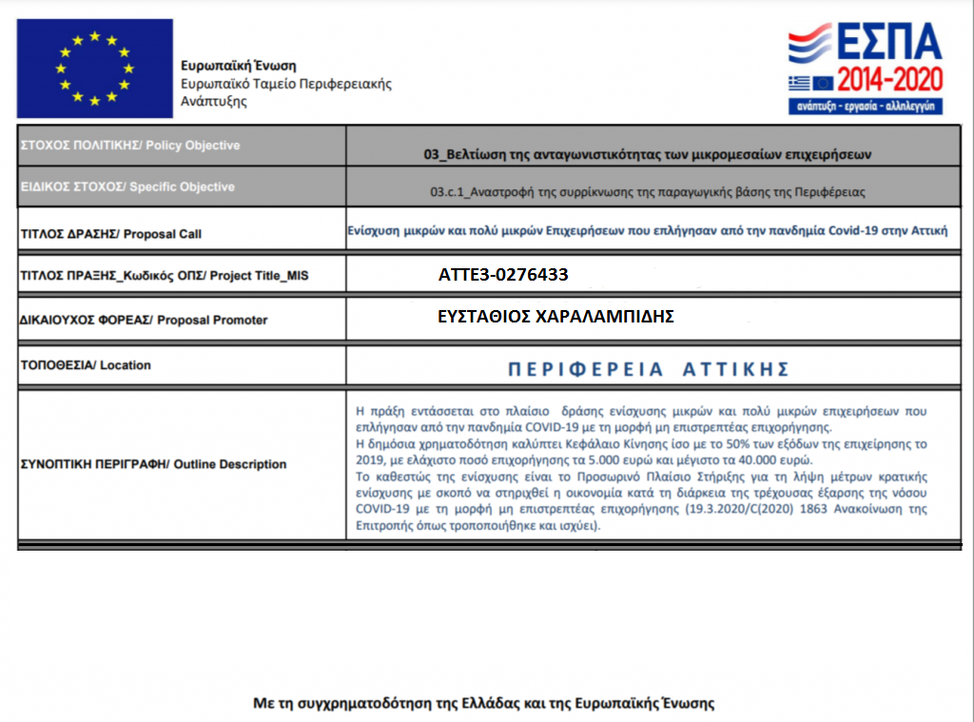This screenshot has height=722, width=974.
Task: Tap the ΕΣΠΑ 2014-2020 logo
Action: (864, 68)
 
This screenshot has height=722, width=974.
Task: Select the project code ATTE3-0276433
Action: (503, 276)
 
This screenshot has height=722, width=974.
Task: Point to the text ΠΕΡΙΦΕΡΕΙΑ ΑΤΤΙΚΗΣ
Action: (649, 368)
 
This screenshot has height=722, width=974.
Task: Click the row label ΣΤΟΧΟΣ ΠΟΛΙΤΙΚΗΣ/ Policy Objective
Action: (130, 146)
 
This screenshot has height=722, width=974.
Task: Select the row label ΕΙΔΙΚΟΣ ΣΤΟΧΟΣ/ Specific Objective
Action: (127, 186)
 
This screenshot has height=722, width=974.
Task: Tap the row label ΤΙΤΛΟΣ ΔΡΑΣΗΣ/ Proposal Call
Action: (110, 234)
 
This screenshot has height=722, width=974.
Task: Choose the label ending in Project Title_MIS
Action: (164, 276)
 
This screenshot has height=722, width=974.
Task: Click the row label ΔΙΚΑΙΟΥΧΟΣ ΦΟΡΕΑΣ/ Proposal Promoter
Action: (144, 321)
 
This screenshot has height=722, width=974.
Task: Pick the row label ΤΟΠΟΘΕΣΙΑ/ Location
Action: (85, 365)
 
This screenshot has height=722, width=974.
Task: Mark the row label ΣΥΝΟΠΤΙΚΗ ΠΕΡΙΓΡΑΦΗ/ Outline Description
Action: (153, 464)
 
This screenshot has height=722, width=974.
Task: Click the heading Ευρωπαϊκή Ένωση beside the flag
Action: (239, 67)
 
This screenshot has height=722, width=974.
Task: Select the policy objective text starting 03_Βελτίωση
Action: (647, 153)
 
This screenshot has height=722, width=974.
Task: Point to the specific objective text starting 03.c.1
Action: (647, 192)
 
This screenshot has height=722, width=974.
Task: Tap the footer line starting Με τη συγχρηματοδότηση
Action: (484, 704)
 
